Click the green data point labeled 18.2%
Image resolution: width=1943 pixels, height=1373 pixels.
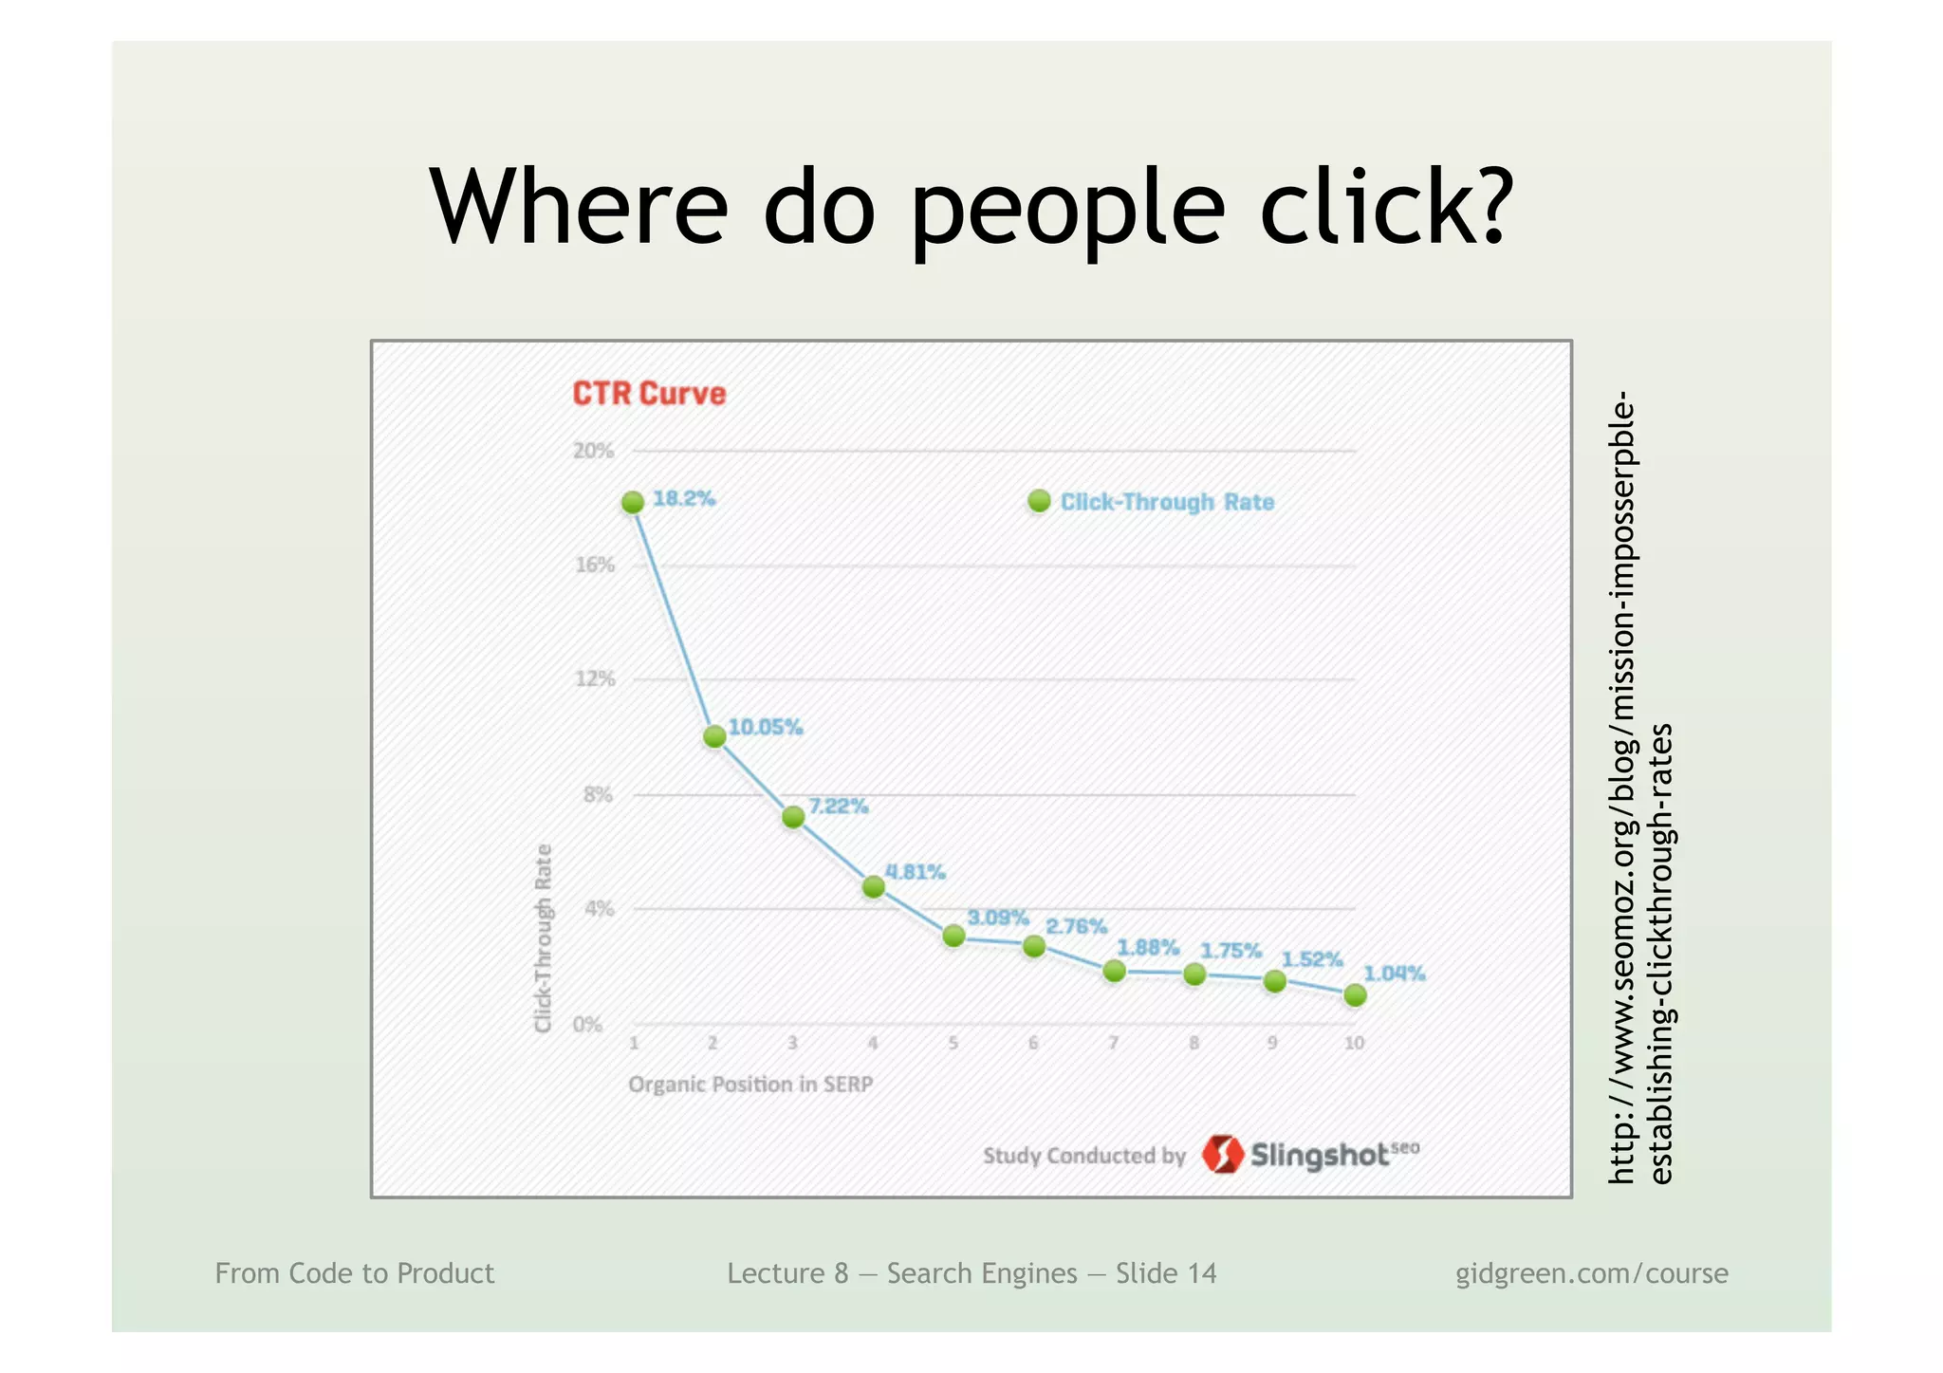coord(633,503)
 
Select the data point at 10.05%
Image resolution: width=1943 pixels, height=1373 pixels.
coord(714,736)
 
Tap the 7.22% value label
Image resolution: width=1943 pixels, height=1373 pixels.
coord(838,807)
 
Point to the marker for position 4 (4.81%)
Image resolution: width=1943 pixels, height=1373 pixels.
coord(874,887)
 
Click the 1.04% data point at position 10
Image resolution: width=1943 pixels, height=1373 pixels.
coord(1355,995)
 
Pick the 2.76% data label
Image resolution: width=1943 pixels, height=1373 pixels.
coord(1076,926)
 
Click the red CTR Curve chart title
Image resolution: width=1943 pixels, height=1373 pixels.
coord(649,394)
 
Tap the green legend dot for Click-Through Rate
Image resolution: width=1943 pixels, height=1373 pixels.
coord(1039,501)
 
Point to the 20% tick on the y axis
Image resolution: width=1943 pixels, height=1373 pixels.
coord(593,451)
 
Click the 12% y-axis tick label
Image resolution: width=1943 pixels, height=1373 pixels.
coord(595,679)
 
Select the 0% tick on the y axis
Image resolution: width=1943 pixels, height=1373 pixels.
coord(587,1025)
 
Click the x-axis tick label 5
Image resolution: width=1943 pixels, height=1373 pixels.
coord(953,1043)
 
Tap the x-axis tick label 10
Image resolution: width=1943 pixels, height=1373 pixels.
coord(1354,1043)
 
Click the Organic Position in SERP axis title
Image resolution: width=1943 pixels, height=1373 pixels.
coord(750,1085)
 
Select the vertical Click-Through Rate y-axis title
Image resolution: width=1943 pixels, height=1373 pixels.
coord(544,937)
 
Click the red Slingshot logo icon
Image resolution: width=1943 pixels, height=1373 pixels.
coord(1222,1154)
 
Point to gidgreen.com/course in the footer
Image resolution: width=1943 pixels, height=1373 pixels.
coord(1591,1273)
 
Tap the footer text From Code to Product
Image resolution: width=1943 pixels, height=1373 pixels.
coord(354,1273)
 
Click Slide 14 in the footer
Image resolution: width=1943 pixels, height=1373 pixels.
coord(1165,1273)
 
